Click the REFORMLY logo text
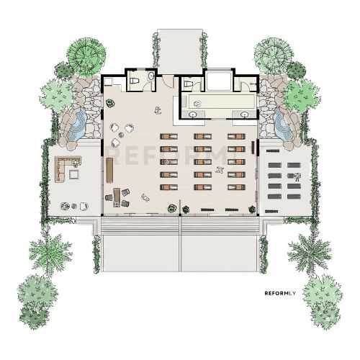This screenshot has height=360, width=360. click(280, 293)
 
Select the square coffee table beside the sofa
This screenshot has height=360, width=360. click(74, 174)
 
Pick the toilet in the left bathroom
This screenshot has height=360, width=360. click(135, 81)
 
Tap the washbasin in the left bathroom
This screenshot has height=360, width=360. click(151, 76)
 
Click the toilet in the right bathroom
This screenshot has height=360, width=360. click(189, 84)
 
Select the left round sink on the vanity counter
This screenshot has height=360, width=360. click(192, 114)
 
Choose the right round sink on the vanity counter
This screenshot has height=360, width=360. click(245, 114)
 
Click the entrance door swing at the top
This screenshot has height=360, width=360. click(168, 81)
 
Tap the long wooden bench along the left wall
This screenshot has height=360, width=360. click(110, 171)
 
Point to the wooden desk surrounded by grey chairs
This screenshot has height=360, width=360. click(117, 197)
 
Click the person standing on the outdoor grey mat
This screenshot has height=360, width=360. click(297, 177)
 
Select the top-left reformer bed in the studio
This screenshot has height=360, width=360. click(169, 137)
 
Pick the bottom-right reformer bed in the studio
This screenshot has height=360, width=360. click(237, 187)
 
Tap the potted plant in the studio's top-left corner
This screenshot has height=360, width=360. click(110, 104)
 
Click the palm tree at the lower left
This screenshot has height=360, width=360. click(50, 253)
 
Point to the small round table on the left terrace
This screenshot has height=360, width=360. click(74, 206)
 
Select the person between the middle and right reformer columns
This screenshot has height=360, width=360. click(219, 170)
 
